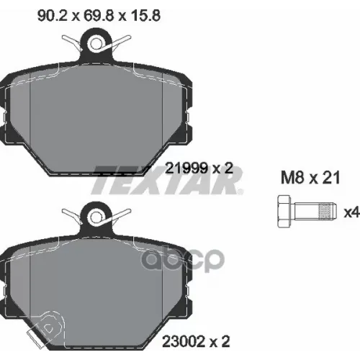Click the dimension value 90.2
tap(52, 16)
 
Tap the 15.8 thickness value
tap(145, 16)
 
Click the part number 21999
tap(186, 168)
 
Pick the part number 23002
tap(184, 341)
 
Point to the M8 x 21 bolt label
tap(310, 178)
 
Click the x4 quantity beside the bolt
tap(351, 212)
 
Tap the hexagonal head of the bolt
tap(284, 211)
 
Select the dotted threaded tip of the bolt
tap(327, 211)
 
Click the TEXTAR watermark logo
tap(167, 180)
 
